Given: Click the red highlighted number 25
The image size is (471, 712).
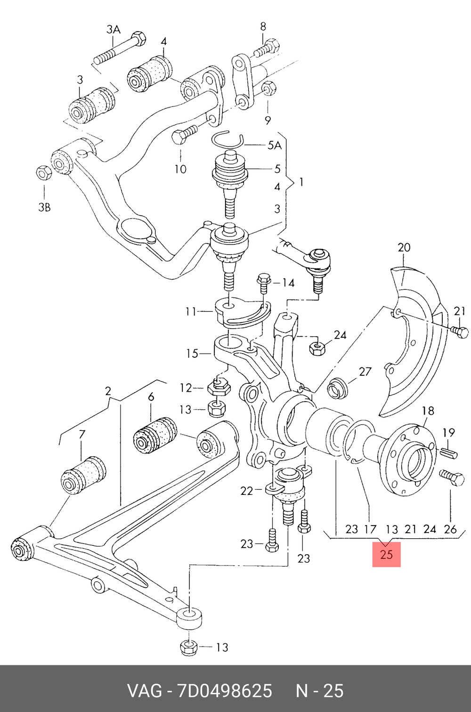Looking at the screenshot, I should point(386,554).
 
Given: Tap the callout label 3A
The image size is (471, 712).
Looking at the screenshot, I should point(113,30).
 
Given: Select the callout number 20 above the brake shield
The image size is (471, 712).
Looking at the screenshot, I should point(404,247).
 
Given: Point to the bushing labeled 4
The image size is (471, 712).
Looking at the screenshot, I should point(149,74).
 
